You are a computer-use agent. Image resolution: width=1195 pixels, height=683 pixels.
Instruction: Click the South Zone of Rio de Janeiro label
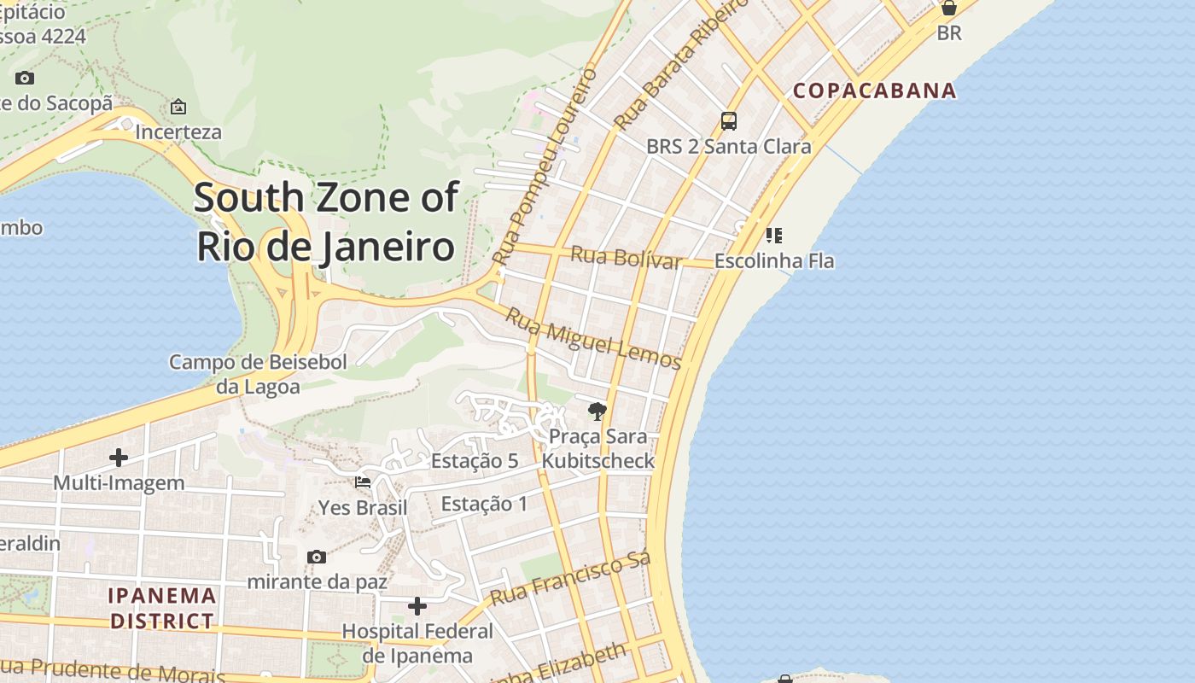tap(326, 222)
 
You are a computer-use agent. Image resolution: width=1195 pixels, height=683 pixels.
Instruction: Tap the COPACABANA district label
tap(874, 90)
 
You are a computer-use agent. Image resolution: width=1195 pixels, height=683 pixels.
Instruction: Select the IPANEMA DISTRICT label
tap(162, 608)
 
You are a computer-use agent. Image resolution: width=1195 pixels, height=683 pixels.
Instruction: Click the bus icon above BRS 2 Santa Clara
tap(728, 121)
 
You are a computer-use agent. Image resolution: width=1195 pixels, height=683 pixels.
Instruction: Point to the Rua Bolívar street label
tap(626, 257)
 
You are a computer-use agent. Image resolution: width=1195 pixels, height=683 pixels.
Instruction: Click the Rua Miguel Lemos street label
tap(593, 339)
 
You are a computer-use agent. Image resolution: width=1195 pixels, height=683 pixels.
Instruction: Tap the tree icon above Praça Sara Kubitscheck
tap(597, 412)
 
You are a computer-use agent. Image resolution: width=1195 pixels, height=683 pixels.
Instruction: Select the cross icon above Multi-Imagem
tap(119, 458)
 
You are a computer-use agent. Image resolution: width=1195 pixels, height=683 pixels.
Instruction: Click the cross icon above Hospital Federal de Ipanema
tap(417, 606)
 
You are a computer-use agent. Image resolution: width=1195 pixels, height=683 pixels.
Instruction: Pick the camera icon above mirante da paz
tap(317, 557)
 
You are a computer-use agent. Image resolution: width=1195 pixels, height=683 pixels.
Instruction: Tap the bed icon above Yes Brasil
tap(363, 482)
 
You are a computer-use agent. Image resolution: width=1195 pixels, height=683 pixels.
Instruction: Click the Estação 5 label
tap(475, 461)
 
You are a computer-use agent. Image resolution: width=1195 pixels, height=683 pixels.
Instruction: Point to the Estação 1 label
tap(484, 504)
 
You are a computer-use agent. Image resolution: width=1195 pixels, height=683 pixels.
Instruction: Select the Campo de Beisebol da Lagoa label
tap(258, 374)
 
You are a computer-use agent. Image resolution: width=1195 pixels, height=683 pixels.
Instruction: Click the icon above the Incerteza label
tap(178, 107)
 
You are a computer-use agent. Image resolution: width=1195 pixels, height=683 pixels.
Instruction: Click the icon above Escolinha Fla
tap(774, 235)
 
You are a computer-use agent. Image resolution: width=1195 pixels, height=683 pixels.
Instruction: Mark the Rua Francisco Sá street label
tap(570, 578)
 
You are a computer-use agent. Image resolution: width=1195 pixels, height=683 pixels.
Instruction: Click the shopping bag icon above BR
tap(948, 9)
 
